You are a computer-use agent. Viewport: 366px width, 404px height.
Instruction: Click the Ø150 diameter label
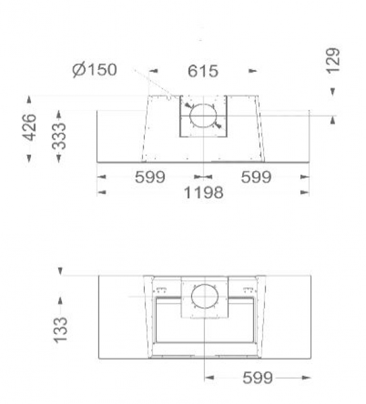pyautogui.click(x=95, y=69)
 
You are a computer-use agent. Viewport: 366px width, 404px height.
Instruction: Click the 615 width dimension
pyautogui.click(x=203, y=71)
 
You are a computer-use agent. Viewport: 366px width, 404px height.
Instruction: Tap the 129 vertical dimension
pyautogui.click(x=333, y=61)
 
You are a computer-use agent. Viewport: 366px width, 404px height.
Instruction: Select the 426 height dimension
pyautogui.click(x=30, y=128)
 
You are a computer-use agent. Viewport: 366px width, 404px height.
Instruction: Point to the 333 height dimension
pyautogui.click(x=59, y=136)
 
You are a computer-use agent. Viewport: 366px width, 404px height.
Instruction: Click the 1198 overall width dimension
pyautogui.click(x=204, y=193)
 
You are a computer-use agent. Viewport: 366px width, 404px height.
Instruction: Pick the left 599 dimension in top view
pyautogui.click(x=150, y=177)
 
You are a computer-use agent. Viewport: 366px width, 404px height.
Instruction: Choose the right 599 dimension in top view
pyautogui.click(x=256, y=177)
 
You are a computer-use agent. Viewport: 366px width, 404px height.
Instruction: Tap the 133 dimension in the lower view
pyautogui.click(x=60, y=330)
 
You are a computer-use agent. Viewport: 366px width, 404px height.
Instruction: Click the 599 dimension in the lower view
pyautogui.click(x=258, y=377)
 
